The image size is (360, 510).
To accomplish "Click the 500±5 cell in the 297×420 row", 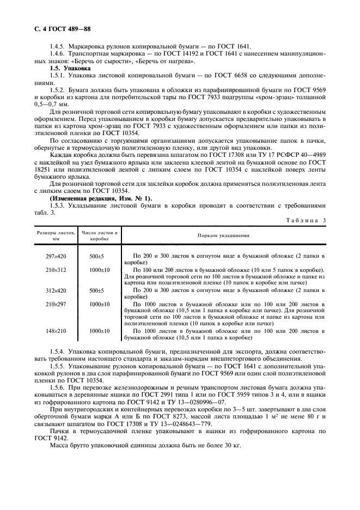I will point(100,255).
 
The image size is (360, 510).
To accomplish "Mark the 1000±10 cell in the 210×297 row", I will point(100,304).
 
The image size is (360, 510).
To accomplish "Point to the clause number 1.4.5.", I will point(57,46).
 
